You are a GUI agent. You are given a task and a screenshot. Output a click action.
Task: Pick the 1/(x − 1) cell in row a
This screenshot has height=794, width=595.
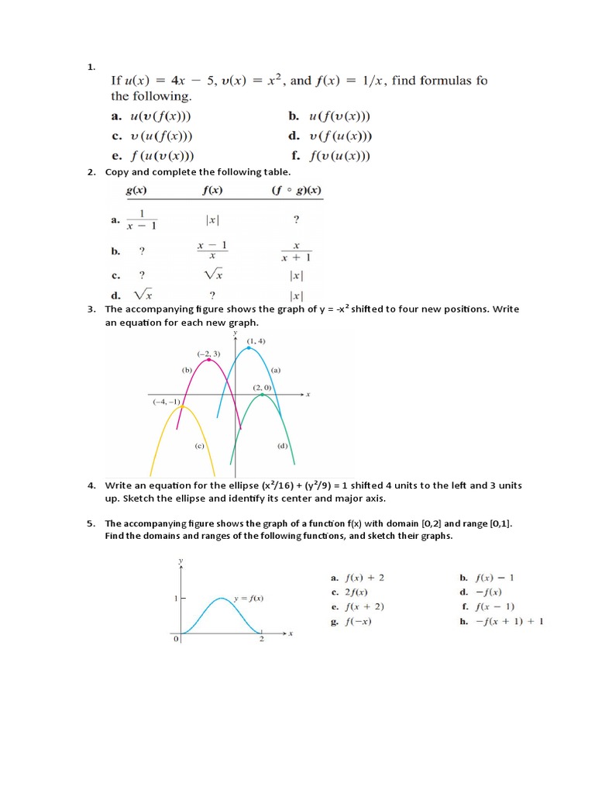coord(142,220)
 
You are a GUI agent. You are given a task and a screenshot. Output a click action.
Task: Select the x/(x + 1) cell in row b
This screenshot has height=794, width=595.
coord(295,251)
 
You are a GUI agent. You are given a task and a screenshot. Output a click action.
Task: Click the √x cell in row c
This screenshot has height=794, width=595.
coord(213,274)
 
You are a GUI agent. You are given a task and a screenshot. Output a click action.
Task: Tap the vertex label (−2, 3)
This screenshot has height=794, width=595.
coord(208,354)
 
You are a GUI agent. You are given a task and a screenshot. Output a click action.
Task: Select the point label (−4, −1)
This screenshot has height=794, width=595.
coord(167,401)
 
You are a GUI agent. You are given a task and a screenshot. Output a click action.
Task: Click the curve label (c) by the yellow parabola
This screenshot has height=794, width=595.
coord(199,447)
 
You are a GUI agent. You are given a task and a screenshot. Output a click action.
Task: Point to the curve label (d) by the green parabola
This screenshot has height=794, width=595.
coord(282,447)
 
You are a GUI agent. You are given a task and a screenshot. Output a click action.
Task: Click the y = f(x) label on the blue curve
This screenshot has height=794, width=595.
coord(249,598)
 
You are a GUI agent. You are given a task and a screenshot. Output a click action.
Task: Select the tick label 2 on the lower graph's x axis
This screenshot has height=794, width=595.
coord(261,639)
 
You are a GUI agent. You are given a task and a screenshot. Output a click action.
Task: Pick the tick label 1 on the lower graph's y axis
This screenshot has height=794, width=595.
coord(175,599)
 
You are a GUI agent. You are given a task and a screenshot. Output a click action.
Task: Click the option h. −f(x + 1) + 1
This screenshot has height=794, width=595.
coord(502,621)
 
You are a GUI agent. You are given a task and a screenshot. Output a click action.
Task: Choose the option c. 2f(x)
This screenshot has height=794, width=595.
coord(353,592)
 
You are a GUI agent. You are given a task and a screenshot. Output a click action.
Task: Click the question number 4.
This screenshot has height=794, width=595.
coord(91,485)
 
